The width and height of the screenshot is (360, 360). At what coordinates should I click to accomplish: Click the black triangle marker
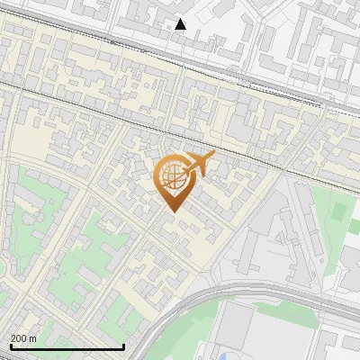point(181,24)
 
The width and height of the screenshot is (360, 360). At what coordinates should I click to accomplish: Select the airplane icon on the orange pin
point(199,165)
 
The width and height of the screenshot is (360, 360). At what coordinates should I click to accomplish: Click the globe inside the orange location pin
point(171,177)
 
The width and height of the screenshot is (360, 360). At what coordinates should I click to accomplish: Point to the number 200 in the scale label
point(19,338)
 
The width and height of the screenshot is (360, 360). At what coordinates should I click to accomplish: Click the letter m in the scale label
point(32,338)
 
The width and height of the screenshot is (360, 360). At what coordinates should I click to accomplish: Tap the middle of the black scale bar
point(67,346)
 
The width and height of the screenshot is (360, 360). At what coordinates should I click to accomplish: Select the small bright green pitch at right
point(339,212)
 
